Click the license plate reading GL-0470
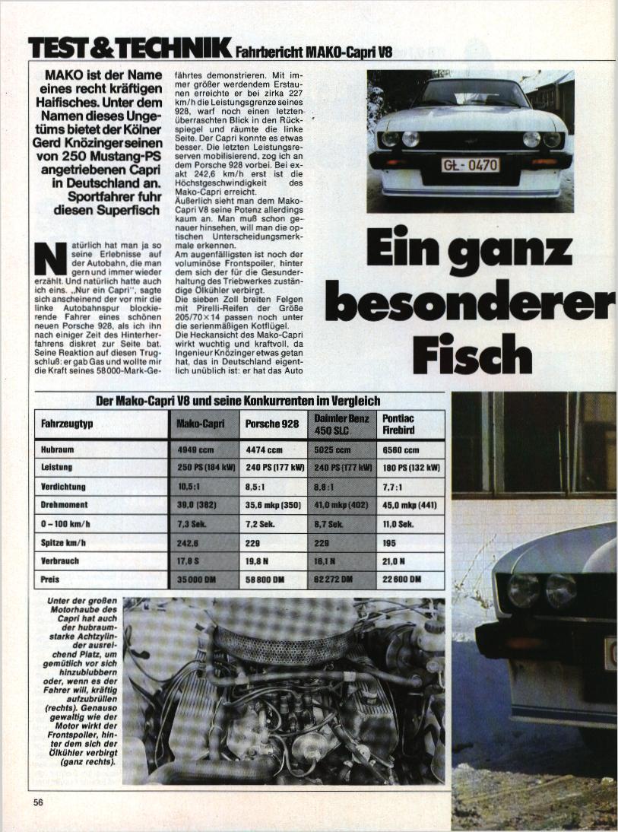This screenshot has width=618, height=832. pos(471,164)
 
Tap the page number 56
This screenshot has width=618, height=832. pos(39,802)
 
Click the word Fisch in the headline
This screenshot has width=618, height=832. pos(472,354)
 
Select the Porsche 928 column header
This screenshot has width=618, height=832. pos(272,424)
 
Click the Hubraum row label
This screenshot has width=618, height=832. pos(58,449)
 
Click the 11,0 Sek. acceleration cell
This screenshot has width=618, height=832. pos(398,524)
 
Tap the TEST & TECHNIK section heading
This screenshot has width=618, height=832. pos(129,48)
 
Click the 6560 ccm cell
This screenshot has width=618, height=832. pos(401,449)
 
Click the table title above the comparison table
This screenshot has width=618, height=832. pos(238,401)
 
